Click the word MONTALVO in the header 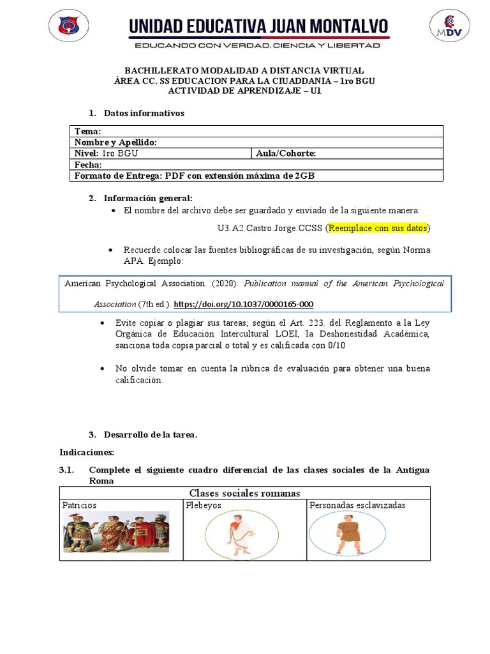coord(339,27)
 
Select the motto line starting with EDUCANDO coord(256,45)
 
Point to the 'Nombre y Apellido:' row coord(115,142)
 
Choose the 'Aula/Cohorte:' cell coord(285,153)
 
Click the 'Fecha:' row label coord(88,164)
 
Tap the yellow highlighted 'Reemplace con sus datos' coord(378,228)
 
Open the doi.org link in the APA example coord(243,304)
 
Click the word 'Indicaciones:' coord(87,452)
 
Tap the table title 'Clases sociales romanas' coord(244,492)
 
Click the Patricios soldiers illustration coord(116,532)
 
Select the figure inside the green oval coord(241,534)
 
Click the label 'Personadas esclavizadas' coord(357,505)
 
